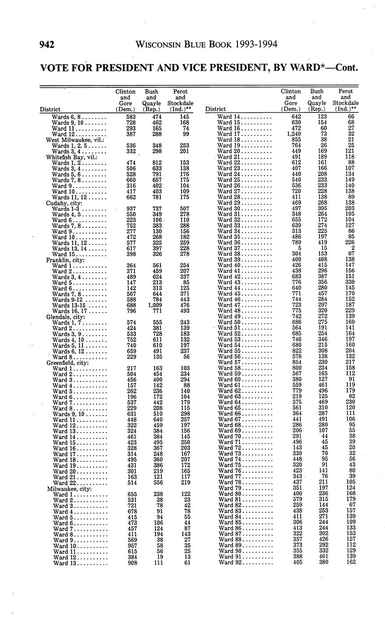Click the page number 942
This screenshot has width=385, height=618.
pos(47,44)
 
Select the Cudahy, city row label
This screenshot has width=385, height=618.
pos(62,203)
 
